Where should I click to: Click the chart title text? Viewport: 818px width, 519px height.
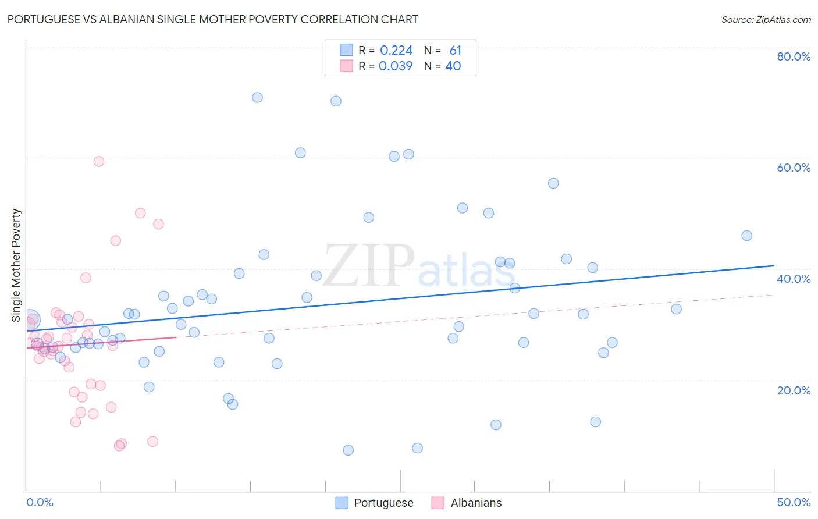click(x=212, y=19)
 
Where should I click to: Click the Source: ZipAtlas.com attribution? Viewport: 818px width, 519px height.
click(x=766, y=19)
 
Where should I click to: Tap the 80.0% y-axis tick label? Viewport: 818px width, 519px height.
click(x=794, y=56)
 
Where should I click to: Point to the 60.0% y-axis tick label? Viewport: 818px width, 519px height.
click(x=794, y=168)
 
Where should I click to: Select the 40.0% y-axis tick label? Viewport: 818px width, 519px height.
click(x=794, y=279)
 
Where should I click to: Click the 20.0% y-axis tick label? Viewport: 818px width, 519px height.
click(x=794, y=390)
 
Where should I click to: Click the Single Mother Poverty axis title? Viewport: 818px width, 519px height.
click(x=16, y=265)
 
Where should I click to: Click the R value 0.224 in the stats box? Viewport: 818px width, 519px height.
click(x=396, y=51)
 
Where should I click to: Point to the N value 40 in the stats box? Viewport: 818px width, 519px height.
click(x=453, y=66)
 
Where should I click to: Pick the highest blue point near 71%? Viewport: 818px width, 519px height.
click(x=257, y=97)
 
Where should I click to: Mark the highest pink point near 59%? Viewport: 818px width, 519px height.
click(x=99, y=161)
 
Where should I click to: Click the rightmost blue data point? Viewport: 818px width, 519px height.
click(x=746, y=236)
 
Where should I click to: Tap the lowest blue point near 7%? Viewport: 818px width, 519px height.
click(x=348, y=450)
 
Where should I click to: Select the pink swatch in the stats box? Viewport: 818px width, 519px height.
click(x=346, y=66)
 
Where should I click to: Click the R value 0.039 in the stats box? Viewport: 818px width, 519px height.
click(x=396, y=66)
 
